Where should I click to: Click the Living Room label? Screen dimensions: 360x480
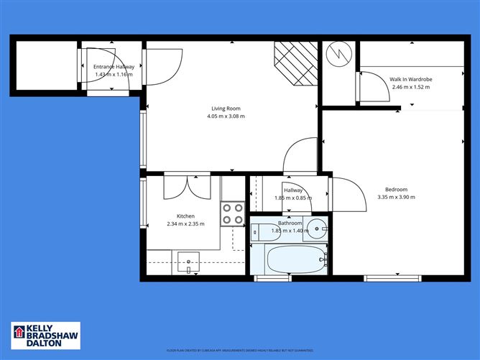[223, 109]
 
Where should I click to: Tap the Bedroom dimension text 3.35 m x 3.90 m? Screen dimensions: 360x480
[396, 197]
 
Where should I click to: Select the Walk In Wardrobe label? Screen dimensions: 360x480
[410, 79]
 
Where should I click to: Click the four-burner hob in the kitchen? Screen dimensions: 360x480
[232, 213]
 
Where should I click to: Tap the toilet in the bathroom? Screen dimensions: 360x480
[260, 232]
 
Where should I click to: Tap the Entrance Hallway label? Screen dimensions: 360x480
[114, 67]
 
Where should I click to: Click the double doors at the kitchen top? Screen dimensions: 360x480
[186, 186]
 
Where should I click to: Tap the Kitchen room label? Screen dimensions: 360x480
[186, 216]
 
